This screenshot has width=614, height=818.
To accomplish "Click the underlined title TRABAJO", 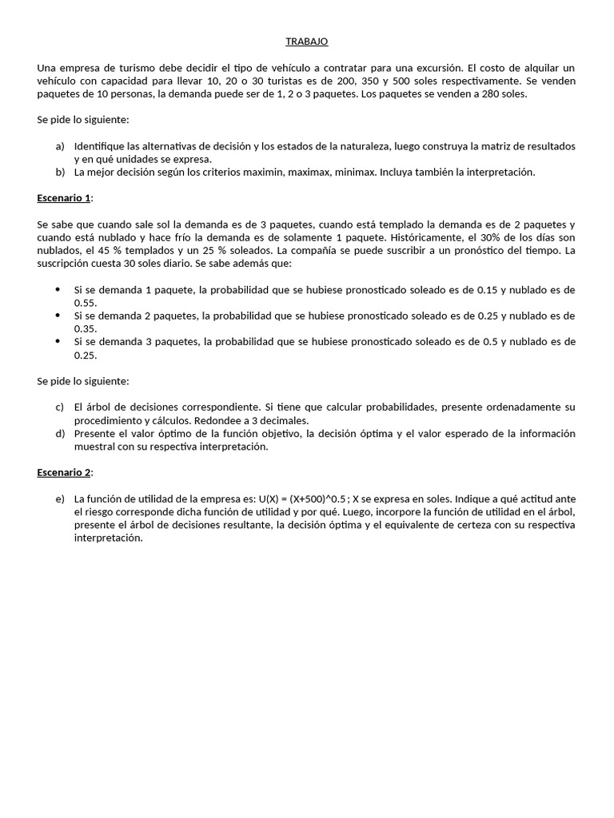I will (307, 42).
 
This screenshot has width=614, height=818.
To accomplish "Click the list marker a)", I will (60, 146).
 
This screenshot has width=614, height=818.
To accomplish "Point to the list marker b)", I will (60, 172).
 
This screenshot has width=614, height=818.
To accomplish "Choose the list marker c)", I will (60, 407).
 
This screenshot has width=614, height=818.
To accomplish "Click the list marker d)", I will (60, 434).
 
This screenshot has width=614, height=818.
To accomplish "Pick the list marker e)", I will (60, 498).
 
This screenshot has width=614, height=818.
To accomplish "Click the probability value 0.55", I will (85, 303).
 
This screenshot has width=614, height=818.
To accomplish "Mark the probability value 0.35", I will (85, 328).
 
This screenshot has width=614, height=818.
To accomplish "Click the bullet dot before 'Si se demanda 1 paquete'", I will (58, 289).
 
